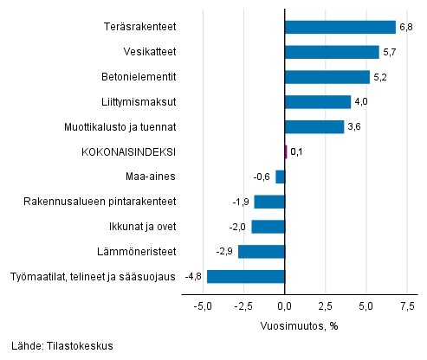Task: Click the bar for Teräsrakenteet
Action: point(340,27)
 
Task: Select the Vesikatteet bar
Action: point(331,52)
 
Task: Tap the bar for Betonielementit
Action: point(327,77)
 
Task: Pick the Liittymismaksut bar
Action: point(317,102)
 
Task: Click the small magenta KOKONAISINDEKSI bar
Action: point(286,151)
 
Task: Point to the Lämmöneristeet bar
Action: point(261,252)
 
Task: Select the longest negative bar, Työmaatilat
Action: point(245,277)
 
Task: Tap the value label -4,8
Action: point(194,277)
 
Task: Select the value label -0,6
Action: point(262,177)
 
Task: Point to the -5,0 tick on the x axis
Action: point(203,306)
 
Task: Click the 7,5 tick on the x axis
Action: point(407,306)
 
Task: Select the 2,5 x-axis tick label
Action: point(326,306)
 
